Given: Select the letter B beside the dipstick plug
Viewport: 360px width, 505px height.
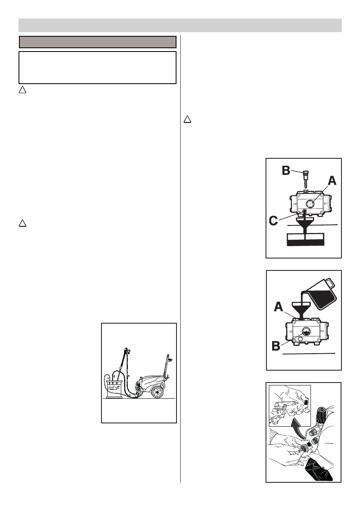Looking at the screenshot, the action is click(286, 170).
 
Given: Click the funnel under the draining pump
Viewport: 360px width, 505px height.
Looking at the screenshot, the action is click(305, 223).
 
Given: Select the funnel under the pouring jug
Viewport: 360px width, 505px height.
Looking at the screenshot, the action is click(303, 308).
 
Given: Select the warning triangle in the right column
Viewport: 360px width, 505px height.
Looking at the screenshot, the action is click(187, 120).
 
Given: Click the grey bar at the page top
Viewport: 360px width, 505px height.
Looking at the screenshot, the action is click(180, 25).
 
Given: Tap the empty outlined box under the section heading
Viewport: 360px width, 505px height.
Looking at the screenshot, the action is click(98, 68).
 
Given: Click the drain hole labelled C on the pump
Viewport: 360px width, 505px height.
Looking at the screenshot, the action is click(305, 211).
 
